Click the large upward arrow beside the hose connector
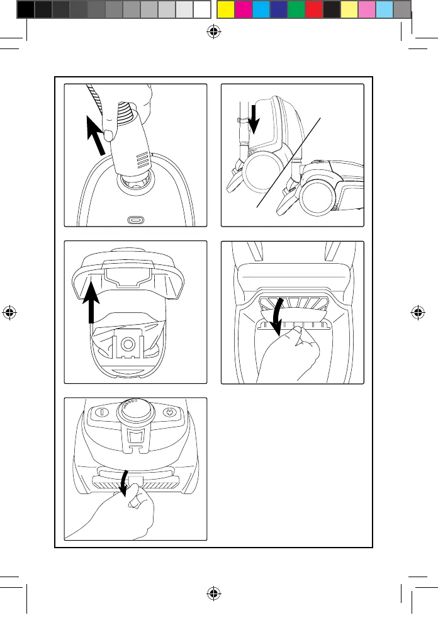point(96,142)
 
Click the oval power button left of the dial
point(101,413)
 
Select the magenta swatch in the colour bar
point(243,9)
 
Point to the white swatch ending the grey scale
point(201,9)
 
